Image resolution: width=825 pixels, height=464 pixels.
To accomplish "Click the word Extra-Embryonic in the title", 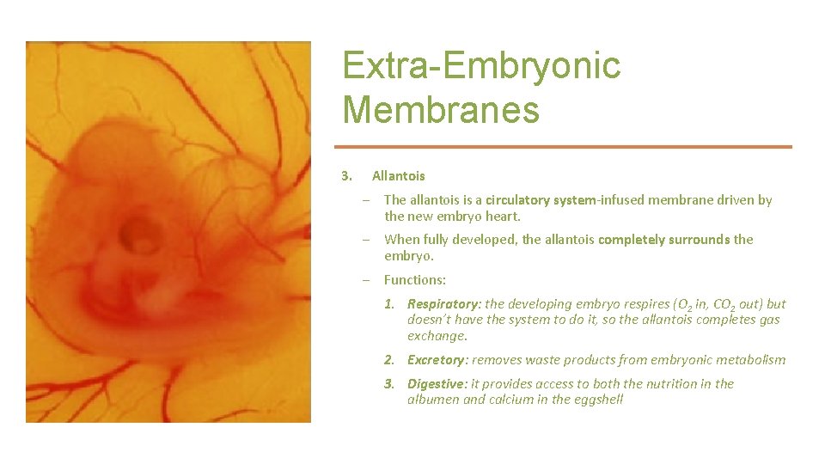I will click(x=480, y=66).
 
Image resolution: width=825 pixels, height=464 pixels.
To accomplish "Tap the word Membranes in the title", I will click(x=441, y=110).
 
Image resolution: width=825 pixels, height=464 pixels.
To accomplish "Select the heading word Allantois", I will click(x=398, y=176).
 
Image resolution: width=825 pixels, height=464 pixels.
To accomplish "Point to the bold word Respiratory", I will click(x=444, y=304).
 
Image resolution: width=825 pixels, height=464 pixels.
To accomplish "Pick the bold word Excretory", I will click(x=437, y=360).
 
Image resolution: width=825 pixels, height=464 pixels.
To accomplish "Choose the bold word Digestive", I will click(x=437, y=384).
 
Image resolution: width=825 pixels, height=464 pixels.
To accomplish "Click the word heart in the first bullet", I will click(x=502, y=217).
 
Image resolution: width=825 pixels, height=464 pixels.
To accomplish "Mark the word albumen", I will click(x=433, y=400).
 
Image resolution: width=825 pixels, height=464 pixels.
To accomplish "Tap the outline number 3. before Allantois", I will click(x=347, y=176).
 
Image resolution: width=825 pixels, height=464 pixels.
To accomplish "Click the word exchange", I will click(x=437, y=336).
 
